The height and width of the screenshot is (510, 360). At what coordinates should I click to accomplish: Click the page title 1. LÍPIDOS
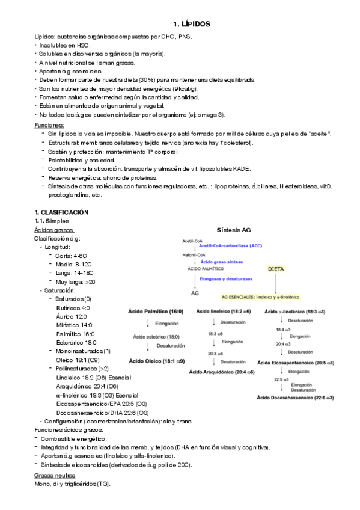(x=191, y=24)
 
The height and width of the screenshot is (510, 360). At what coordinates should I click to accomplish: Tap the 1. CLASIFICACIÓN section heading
(x=61, y=212)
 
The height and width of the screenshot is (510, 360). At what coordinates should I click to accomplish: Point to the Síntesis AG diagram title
(x=234, y=229)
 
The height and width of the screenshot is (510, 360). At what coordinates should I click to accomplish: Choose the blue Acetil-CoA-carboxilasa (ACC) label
(x=230, y=247)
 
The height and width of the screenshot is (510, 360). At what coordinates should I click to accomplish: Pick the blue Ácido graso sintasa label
(x=225, y=262)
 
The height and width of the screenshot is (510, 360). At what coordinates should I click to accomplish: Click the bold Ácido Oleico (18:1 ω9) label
(x=157, y=361)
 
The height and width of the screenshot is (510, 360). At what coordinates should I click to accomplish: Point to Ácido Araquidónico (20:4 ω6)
(x=222, y=372)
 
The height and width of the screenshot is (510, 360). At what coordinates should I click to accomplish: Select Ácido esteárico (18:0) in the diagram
(x=156, y=336)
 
